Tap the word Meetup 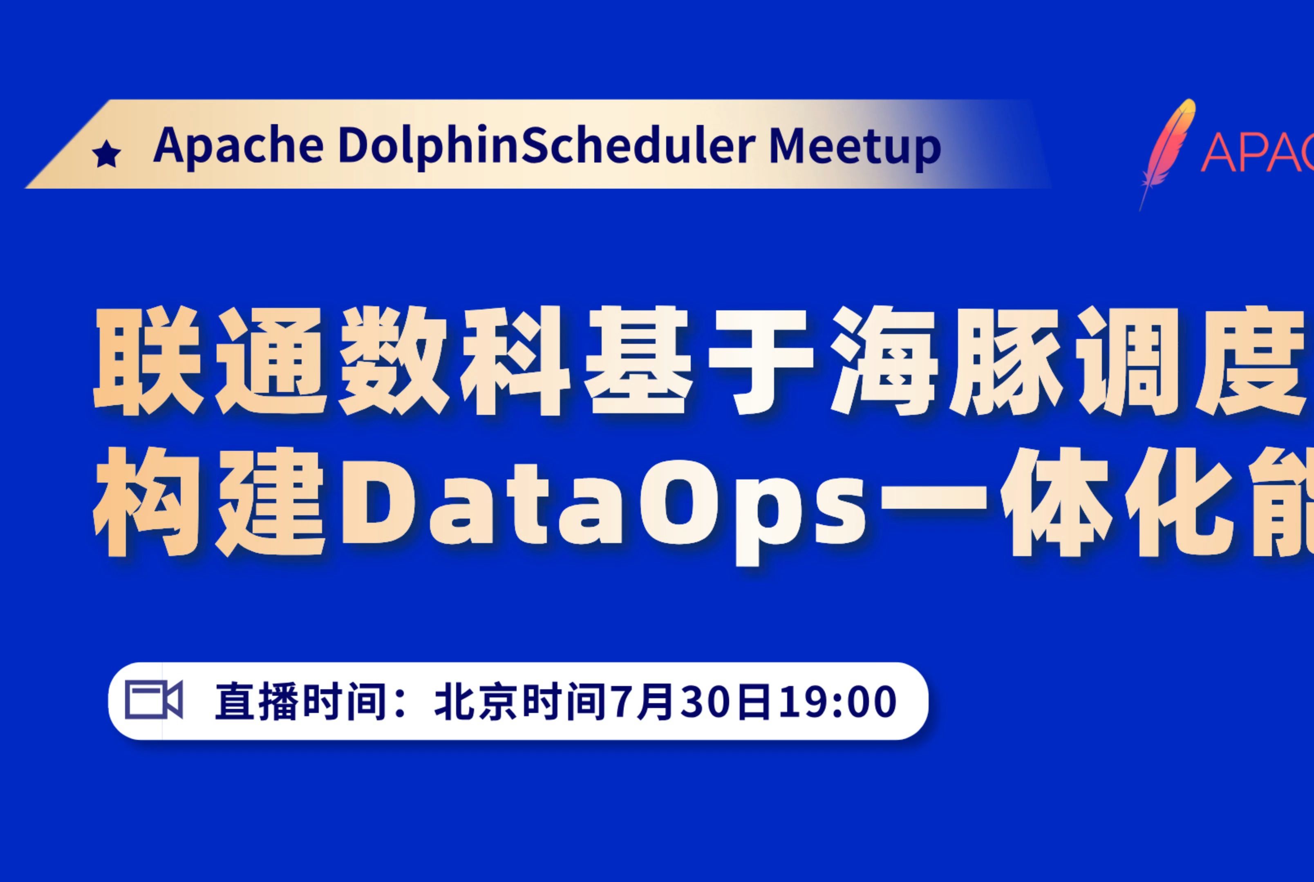854,148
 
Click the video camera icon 154,700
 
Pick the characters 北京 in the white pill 476,702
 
